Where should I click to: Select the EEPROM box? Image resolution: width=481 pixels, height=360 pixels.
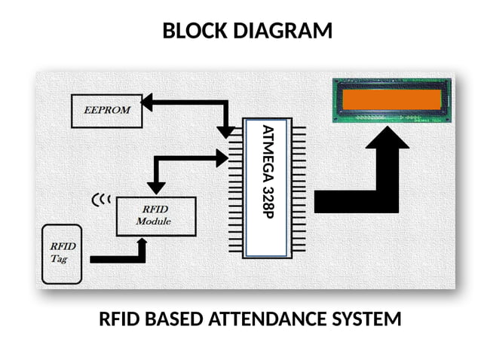tap(106, 110)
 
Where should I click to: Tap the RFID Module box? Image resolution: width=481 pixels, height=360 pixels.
tap(155, 216)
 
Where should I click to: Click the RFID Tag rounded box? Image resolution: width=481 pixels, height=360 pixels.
tap(61, 254)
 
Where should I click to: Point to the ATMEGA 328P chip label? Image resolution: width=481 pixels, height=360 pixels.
tap(268, 188)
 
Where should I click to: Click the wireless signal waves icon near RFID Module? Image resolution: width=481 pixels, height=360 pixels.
tap(100, 200)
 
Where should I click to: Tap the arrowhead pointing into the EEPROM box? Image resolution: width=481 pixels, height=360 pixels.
tap(147, 102)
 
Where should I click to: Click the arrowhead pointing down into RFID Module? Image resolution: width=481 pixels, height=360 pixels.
tap(156, 186)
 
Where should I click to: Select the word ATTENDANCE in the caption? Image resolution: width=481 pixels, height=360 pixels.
tap(267, 319)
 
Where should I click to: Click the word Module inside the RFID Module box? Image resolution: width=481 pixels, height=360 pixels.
tap(153, 221)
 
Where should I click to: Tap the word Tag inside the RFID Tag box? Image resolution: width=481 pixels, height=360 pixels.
tap(59, 258)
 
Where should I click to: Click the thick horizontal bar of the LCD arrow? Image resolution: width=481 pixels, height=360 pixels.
tap(347, 201)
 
